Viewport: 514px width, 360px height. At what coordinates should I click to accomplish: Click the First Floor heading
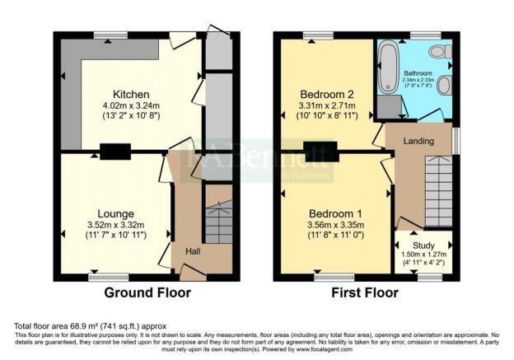364,292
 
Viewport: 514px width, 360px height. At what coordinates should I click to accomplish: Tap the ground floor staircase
217,222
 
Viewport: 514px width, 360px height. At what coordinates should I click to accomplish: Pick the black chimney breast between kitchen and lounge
115,151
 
